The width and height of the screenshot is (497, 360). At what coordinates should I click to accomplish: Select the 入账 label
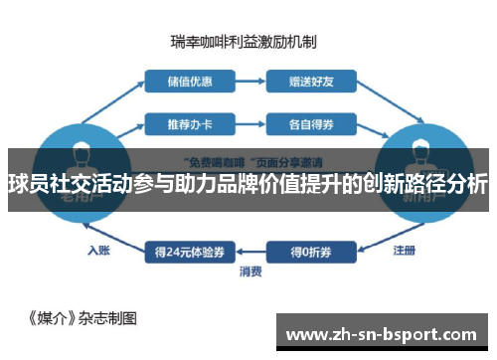(98, 250)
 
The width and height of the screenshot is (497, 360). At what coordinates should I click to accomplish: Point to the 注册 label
(404, 250)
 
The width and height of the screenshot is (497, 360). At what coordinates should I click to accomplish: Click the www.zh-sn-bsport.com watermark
(385, 335)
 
